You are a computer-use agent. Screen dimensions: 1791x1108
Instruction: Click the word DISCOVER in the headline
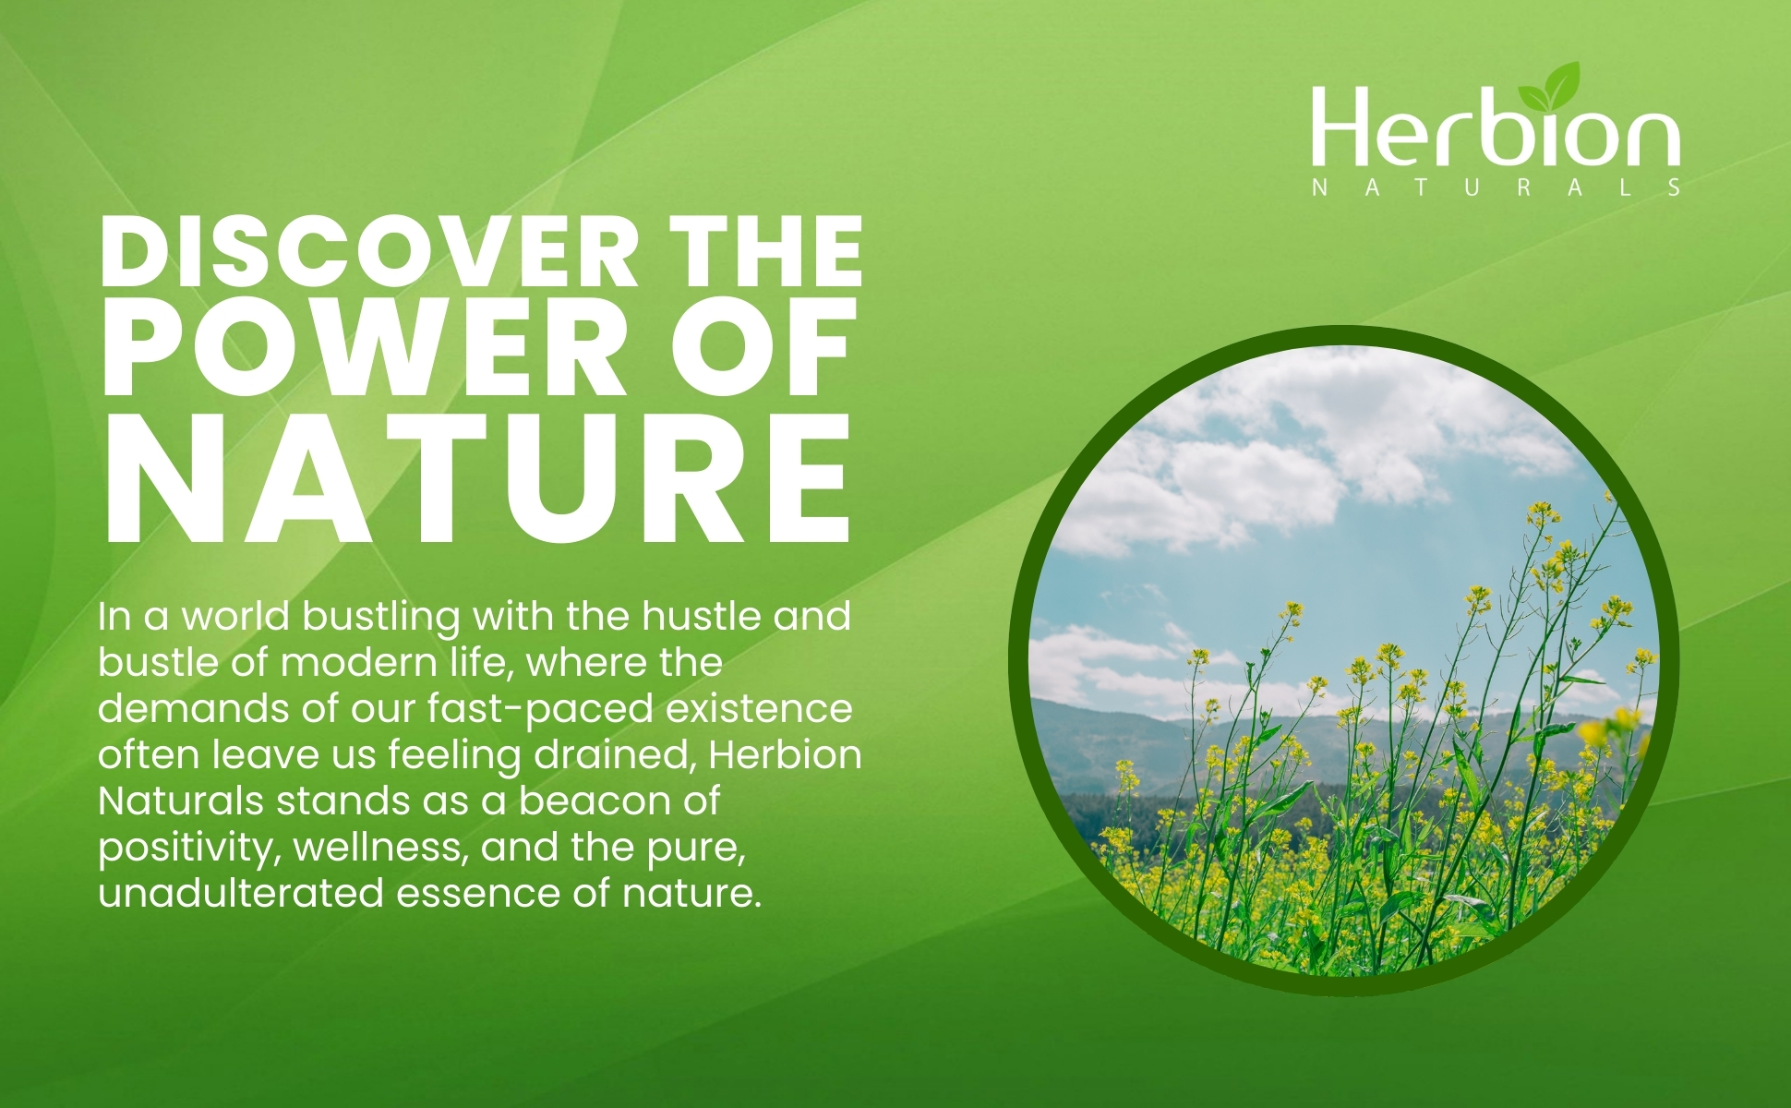(x=369, y=251)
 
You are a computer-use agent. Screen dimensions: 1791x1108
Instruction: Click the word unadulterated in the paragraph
(x=241, y=893)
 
